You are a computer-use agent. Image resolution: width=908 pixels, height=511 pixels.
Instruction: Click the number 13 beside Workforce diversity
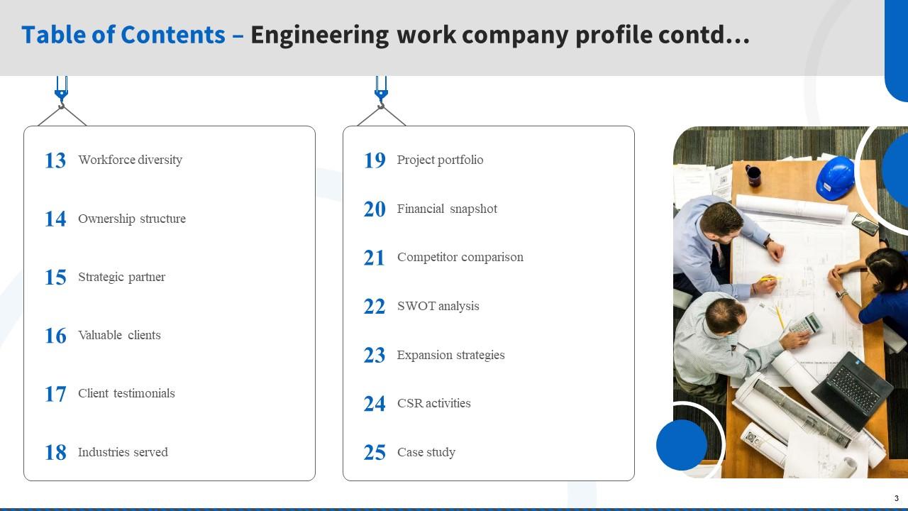pyautogui.click(x=55, y=161)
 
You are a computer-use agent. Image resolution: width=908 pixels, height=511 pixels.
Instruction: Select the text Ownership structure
pyautogui.click(x=132, y=219)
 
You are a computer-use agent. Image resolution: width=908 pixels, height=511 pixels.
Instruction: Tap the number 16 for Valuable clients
pyautogui.click(x=55, y=336)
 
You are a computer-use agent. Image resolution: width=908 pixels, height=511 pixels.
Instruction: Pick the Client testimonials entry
pyautogui.click(x=126, y=393)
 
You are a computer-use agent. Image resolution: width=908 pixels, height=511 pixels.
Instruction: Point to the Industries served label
pyautogui.click(x=123, y=452)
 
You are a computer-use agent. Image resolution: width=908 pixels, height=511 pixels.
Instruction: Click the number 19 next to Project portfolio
pyautogui.click(x=375, y=161)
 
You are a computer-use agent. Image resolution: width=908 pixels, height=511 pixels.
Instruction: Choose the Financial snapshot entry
pyautogui.click(x=447, y=209)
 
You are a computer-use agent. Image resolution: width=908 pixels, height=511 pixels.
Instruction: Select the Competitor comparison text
pyautogui.click(x=460, y=257)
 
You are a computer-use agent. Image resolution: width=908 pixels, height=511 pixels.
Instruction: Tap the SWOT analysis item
pyautogui.click(x=438, y=306)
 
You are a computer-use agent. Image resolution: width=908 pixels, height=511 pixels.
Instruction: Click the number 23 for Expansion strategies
pyautogui.click(x=375, y=356)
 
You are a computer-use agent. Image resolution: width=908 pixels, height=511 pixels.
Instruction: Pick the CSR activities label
pyautogui.click(x=434, y=403)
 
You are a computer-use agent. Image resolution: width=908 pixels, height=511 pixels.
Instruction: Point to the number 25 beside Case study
pyautogui.click(x=375, y=453)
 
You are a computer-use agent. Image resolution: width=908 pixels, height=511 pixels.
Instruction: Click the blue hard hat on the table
pyautogui.click(x=835, y=175)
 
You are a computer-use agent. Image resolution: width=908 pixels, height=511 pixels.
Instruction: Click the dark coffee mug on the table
pyautogui.click(x=753, y=172)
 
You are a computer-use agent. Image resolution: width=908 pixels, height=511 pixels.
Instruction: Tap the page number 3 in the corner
pyautogui.click(x=897, y=498)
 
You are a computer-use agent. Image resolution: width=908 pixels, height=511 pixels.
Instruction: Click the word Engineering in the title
pyautogui.click(x=319, y=35)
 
